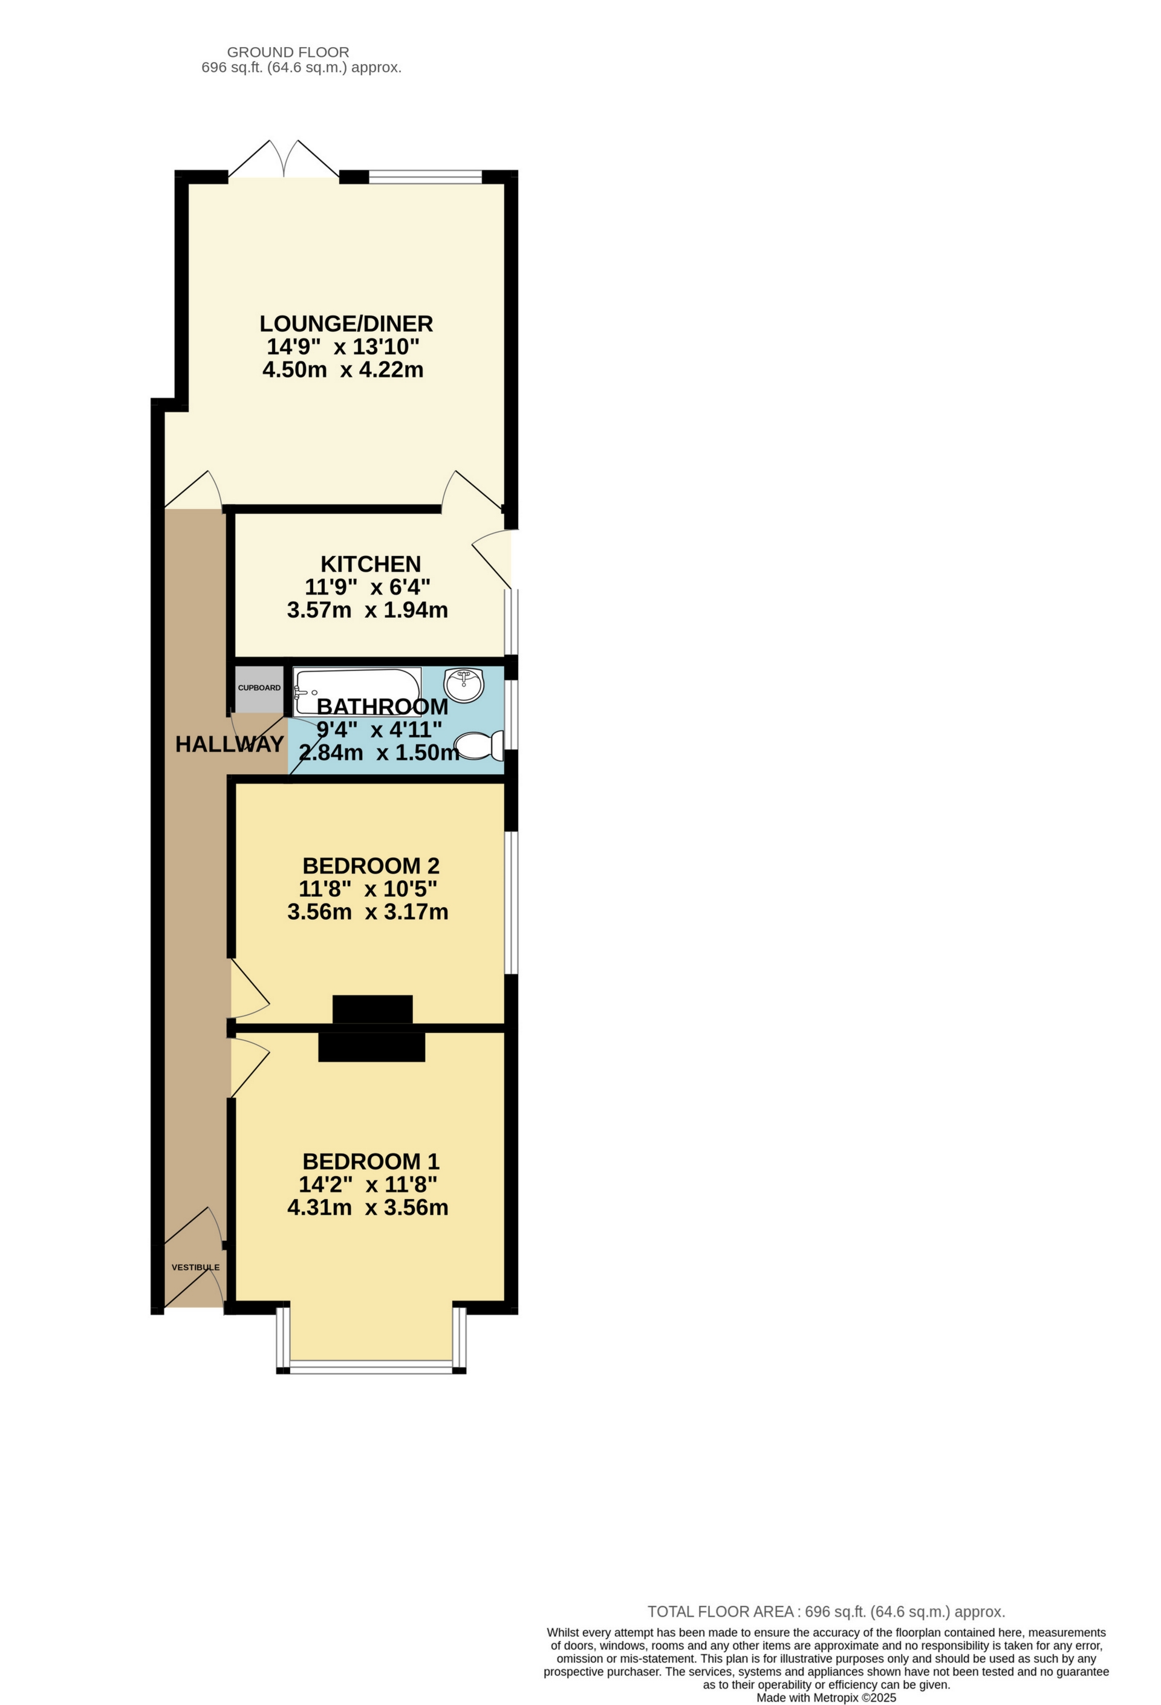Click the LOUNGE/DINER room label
(x=346, y=323)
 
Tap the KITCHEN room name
(x=371, y=564)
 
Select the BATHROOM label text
(x=382, y=707)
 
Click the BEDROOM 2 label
(x=371, y=865)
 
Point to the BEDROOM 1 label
(x=371, y=1162)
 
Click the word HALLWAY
(x=229, y=744)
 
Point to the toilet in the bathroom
(x=481, y=746)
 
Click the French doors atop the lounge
(x=284, y=158)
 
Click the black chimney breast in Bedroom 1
(x=371, y=1047)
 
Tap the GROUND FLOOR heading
(x=288, y=52)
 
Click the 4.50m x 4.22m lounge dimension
(x=343, y=369)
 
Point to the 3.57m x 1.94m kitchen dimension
(x=367, y=610)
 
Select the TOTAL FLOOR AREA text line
(x=825, y=1612)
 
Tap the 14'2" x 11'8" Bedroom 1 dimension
(x=368, y=1184)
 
